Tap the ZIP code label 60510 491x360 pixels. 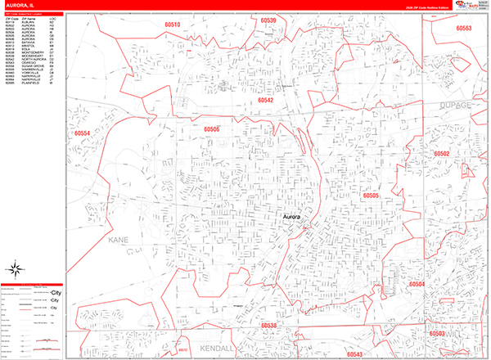pyautogui.click(x=172, y=25)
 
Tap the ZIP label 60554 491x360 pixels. pyautogui.click(x=82, y=133)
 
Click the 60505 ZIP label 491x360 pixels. pyautogui.click(x=372, y=196)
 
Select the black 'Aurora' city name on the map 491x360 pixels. pyautogui.click(x=291, y=217)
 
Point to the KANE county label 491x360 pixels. pyautogui.click(x=118, y=243)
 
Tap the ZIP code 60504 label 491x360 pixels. pyautogui.click(x=417, y=284)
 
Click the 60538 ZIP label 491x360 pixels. pyautogui.click(x=269, y=326)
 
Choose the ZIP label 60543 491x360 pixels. pyautogui.click(x=354, y=354)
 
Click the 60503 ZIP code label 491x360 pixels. pyautogui.click(x=436, y=334)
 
